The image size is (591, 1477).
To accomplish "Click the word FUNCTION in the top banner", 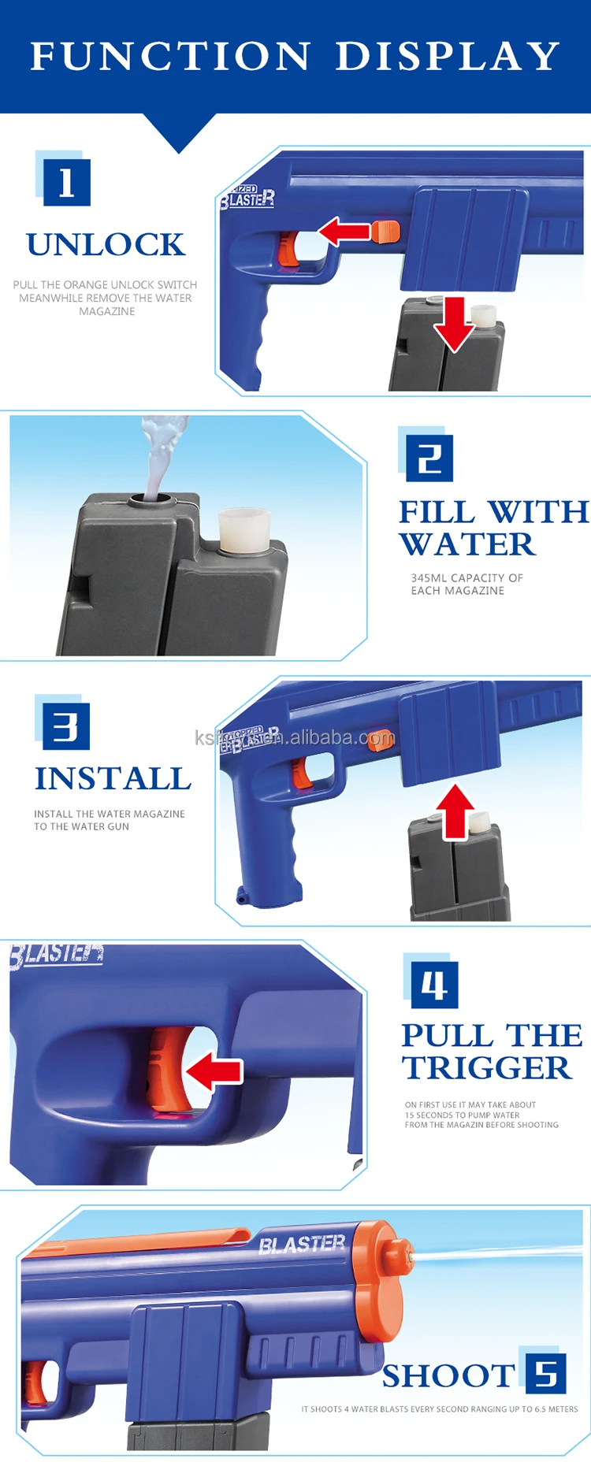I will (x=170, y=56).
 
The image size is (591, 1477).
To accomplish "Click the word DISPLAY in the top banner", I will (x=448, y=56).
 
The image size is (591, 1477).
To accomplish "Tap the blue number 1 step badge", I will (x=66, y=182).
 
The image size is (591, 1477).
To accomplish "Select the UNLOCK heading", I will (x=106, y=245).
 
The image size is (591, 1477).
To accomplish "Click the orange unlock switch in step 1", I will (x=385, y=231).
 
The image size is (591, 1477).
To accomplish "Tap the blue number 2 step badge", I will (x=429, y=458).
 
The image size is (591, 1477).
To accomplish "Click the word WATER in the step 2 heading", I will (x=467, y=544).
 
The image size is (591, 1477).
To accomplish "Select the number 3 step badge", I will (x=66, y=726).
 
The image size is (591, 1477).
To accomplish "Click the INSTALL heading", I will (x=113, y=778).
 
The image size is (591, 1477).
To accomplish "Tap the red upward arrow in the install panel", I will (x=455, y=811).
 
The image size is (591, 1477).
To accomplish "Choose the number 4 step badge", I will (x=434, y=985).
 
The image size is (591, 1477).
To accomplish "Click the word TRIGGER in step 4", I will (x=487, y=1068).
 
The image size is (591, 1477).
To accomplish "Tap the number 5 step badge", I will (x=545, y=1374).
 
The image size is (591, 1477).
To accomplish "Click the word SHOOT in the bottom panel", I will (x=448, y=1376).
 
